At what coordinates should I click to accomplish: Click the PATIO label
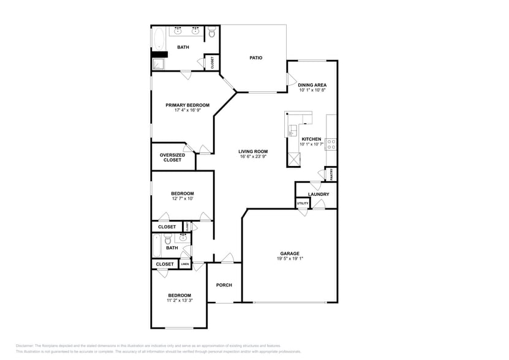click(x=256, y=58)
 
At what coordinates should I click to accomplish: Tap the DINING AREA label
click(x=312, y=85)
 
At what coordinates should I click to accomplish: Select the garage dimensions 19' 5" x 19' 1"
click(x=290, y=258)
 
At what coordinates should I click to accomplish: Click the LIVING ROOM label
click(x=253, y=151)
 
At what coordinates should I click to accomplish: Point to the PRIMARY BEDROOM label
click(x=187, y=105)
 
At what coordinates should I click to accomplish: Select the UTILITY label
click(x=303, y=203)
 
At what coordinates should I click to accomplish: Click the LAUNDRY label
click(x=319, y=195)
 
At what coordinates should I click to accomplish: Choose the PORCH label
click(x=224, y=285)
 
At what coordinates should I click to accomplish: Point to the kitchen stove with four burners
click(x=330, y=144)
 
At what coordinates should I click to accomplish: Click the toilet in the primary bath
click(x=211, y=33)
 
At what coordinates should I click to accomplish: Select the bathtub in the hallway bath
click(x=157, y=247)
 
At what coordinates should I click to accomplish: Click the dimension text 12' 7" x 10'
click(x=182, y=198)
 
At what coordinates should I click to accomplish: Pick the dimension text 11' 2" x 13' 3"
click(x=179, y=300)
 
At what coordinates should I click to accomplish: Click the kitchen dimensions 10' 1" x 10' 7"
click(x=311, y=144)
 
